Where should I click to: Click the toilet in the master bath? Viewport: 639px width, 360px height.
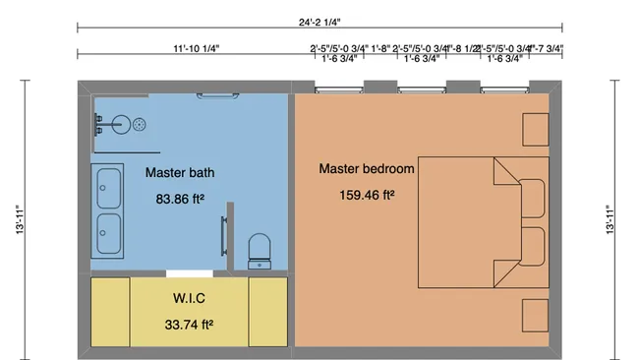click(260, 251)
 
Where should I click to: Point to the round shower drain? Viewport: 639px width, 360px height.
click(141, 124)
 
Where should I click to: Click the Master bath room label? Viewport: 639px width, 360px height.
click(180, 173)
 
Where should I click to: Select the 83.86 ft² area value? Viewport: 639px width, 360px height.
click(180, 199)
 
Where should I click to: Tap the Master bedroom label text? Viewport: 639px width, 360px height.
click(367, 168)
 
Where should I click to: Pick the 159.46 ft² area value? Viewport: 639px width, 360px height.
click(367, 194)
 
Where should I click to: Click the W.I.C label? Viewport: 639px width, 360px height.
click(189, 297)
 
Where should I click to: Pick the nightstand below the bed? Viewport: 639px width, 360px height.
click(535, 314)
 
